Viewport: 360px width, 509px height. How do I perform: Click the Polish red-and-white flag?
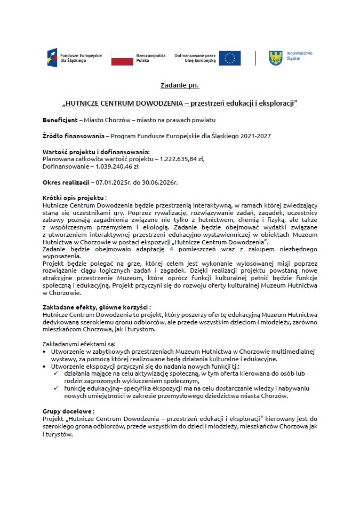(x=122, y=58)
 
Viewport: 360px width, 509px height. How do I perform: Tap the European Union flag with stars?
(x=229, y=58)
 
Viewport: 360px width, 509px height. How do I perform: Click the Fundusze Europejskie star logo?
(x=52, y=58)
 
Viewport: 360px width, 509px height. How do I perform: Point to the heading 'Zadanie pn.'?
(x=180, y=85)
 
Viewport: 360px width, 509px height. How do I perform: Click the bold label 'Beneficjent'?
(x=60, y=120)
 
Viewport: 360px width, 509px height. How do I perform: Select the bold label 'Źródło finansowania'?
(x=73, y=136)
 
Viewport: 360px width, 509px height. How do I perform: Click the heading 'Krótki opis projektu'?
(x=74, y=197)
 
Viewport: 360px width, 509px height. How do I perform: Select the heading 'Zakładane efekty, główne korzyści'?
(x=95, y=307)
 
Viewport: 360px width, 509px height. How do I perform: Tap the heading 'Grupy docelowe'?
(x=68, y=411)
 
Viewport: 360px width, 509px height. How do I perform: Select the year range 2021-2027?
(x=254, y=136)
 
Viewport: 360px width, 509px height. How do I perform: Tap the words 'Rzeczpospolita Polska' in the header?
(x=151, y=58)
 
